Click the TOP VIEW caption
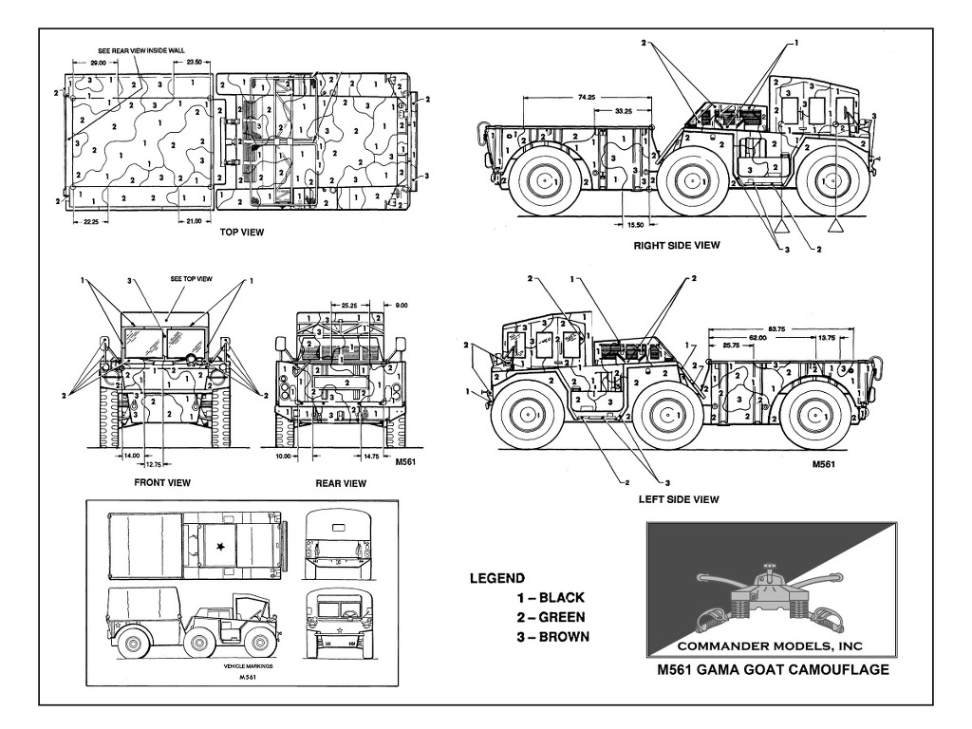(x=241, y=232)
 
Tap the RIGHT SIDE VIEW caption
(x=677, y=245)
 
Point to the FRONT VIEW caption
(x=161, y=483)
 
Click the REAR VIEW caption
(x=341, y=483)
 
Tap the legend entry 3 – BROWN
(x=552, y=636)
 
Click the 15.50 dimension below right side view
(x=635, y=224)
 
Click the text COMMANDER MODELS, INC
(x=772, y=645)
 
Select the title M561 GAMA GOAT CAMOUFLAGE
(x=773, y=669)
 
